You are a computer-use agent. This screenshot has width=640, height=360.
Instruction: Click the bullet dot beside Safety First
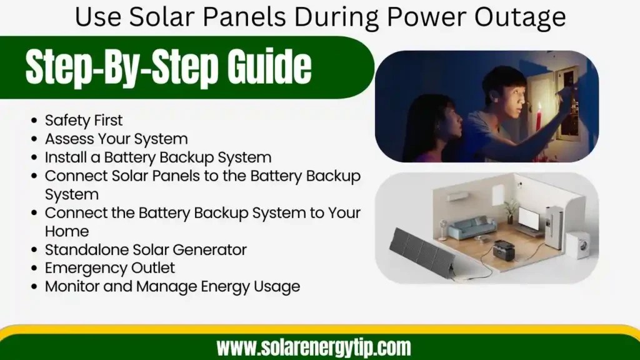pos(33,121)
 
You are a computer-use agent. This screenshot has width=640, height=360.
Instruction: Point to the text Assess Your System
pos(116,138)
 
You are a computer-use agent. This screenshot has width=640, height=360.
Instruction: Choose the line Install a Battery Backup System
pos(158,157)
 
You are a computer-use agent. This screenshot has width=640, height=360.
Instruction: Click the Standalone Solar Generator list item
pos(146,249)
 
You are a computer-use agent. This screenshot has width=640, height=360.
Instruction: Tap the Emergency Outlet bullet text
pos(110,268)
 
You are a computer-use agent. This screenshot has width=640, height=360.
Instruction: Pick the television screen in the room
pos(530,219)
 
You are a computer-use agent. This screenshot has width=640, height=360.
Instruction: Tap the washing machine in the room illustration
pos(577,245)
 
